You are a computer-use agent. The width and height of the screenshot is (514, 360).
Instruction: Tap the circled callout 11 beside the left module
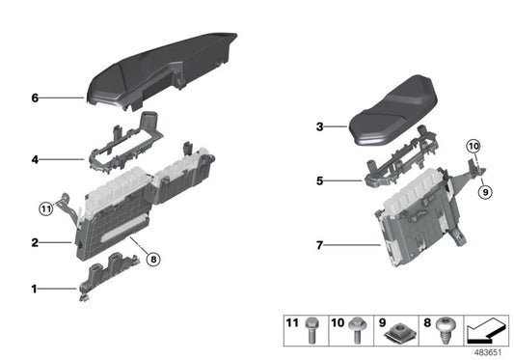coord(46,208)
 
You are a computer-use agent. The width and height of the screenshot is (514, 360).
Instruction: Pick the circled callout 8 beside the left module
coord(153,258)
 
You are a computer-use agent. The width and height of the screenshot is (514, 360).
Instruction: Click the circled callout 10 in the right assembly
coord(473,147)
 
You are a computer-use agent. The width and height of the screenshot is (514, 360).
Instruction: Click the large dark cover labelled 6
coord(164,63)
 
